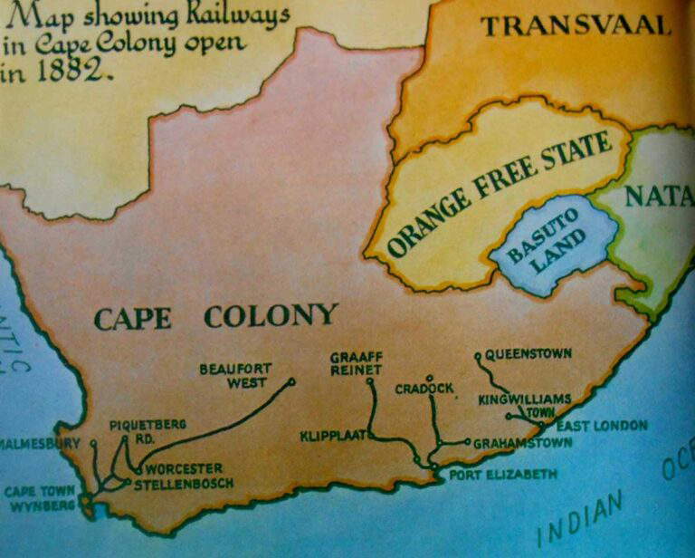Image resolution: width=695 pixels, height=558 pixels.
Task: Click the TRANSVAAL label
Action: (576, 25)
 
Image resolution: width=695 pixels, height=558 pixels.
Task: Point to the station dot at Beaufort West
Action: (292, 381)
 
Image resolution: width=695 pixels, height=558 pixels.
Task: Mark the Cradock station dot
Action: (430, 378)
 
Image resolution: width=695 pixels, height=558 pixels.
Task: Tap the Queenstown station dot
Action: (478, 355)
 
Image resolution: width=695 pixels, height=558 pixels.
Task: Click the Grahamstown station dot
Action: (467, 443)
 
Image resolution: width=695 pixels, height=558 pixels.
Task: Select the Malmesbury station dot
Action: (92, 443)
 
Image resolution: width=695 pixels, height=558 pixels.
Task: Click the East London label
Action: (602, 426)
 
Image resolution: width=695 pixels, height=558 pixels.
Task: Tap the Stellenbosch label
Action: (184, 484)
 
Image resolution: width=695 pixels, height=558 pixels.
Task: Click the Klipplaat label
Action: (331, 437)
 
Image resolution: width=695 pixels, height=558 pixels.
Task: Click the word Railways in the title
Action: (233, 15)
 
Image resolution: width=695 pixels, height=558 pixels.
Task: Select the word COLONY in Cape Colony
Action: (271, 316)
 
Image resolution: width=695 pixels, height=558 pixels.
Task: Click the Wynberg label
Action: (43, 505)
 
